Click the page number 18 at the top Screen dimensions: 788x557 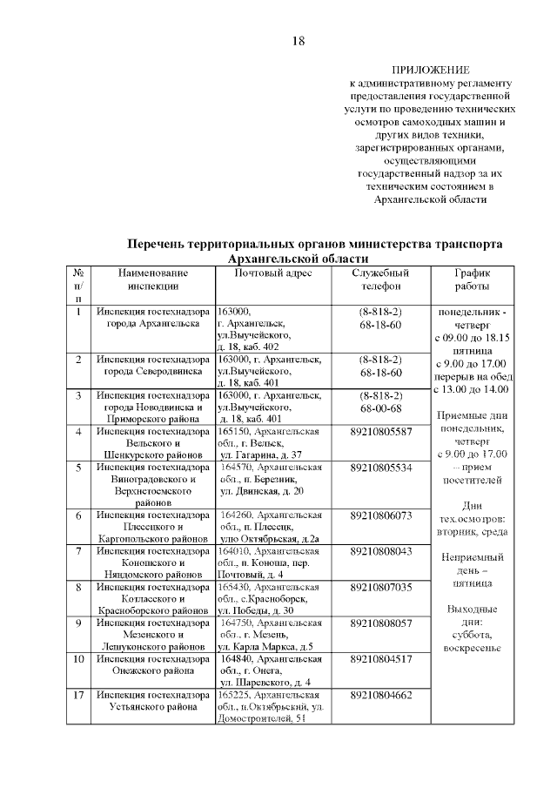click(x=298, y=41)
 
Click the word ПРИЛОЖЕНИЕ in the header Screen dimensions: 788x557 click(x=431, y=70)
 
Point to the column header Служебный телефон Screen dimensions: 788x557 click(x=379, y=280)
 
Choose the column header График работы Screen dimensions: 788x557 click(x=473, y=280)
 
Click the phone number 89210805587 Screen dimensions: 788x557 click(x=380, y=432)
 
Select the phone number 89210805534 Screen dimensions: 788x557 click(x=380, y=468)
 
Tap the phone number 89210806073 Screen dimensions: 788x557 click(x=380, y=515)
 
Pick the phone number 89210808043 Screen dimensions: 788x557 click(x=380, y=551)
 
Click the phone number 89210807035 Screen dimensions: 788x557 click(x=380, y=588)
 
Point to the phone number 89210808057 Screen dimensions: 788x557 click(x=380, y=623)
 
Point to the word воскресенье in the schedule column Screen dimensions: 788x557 click(x=472, y=648)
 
